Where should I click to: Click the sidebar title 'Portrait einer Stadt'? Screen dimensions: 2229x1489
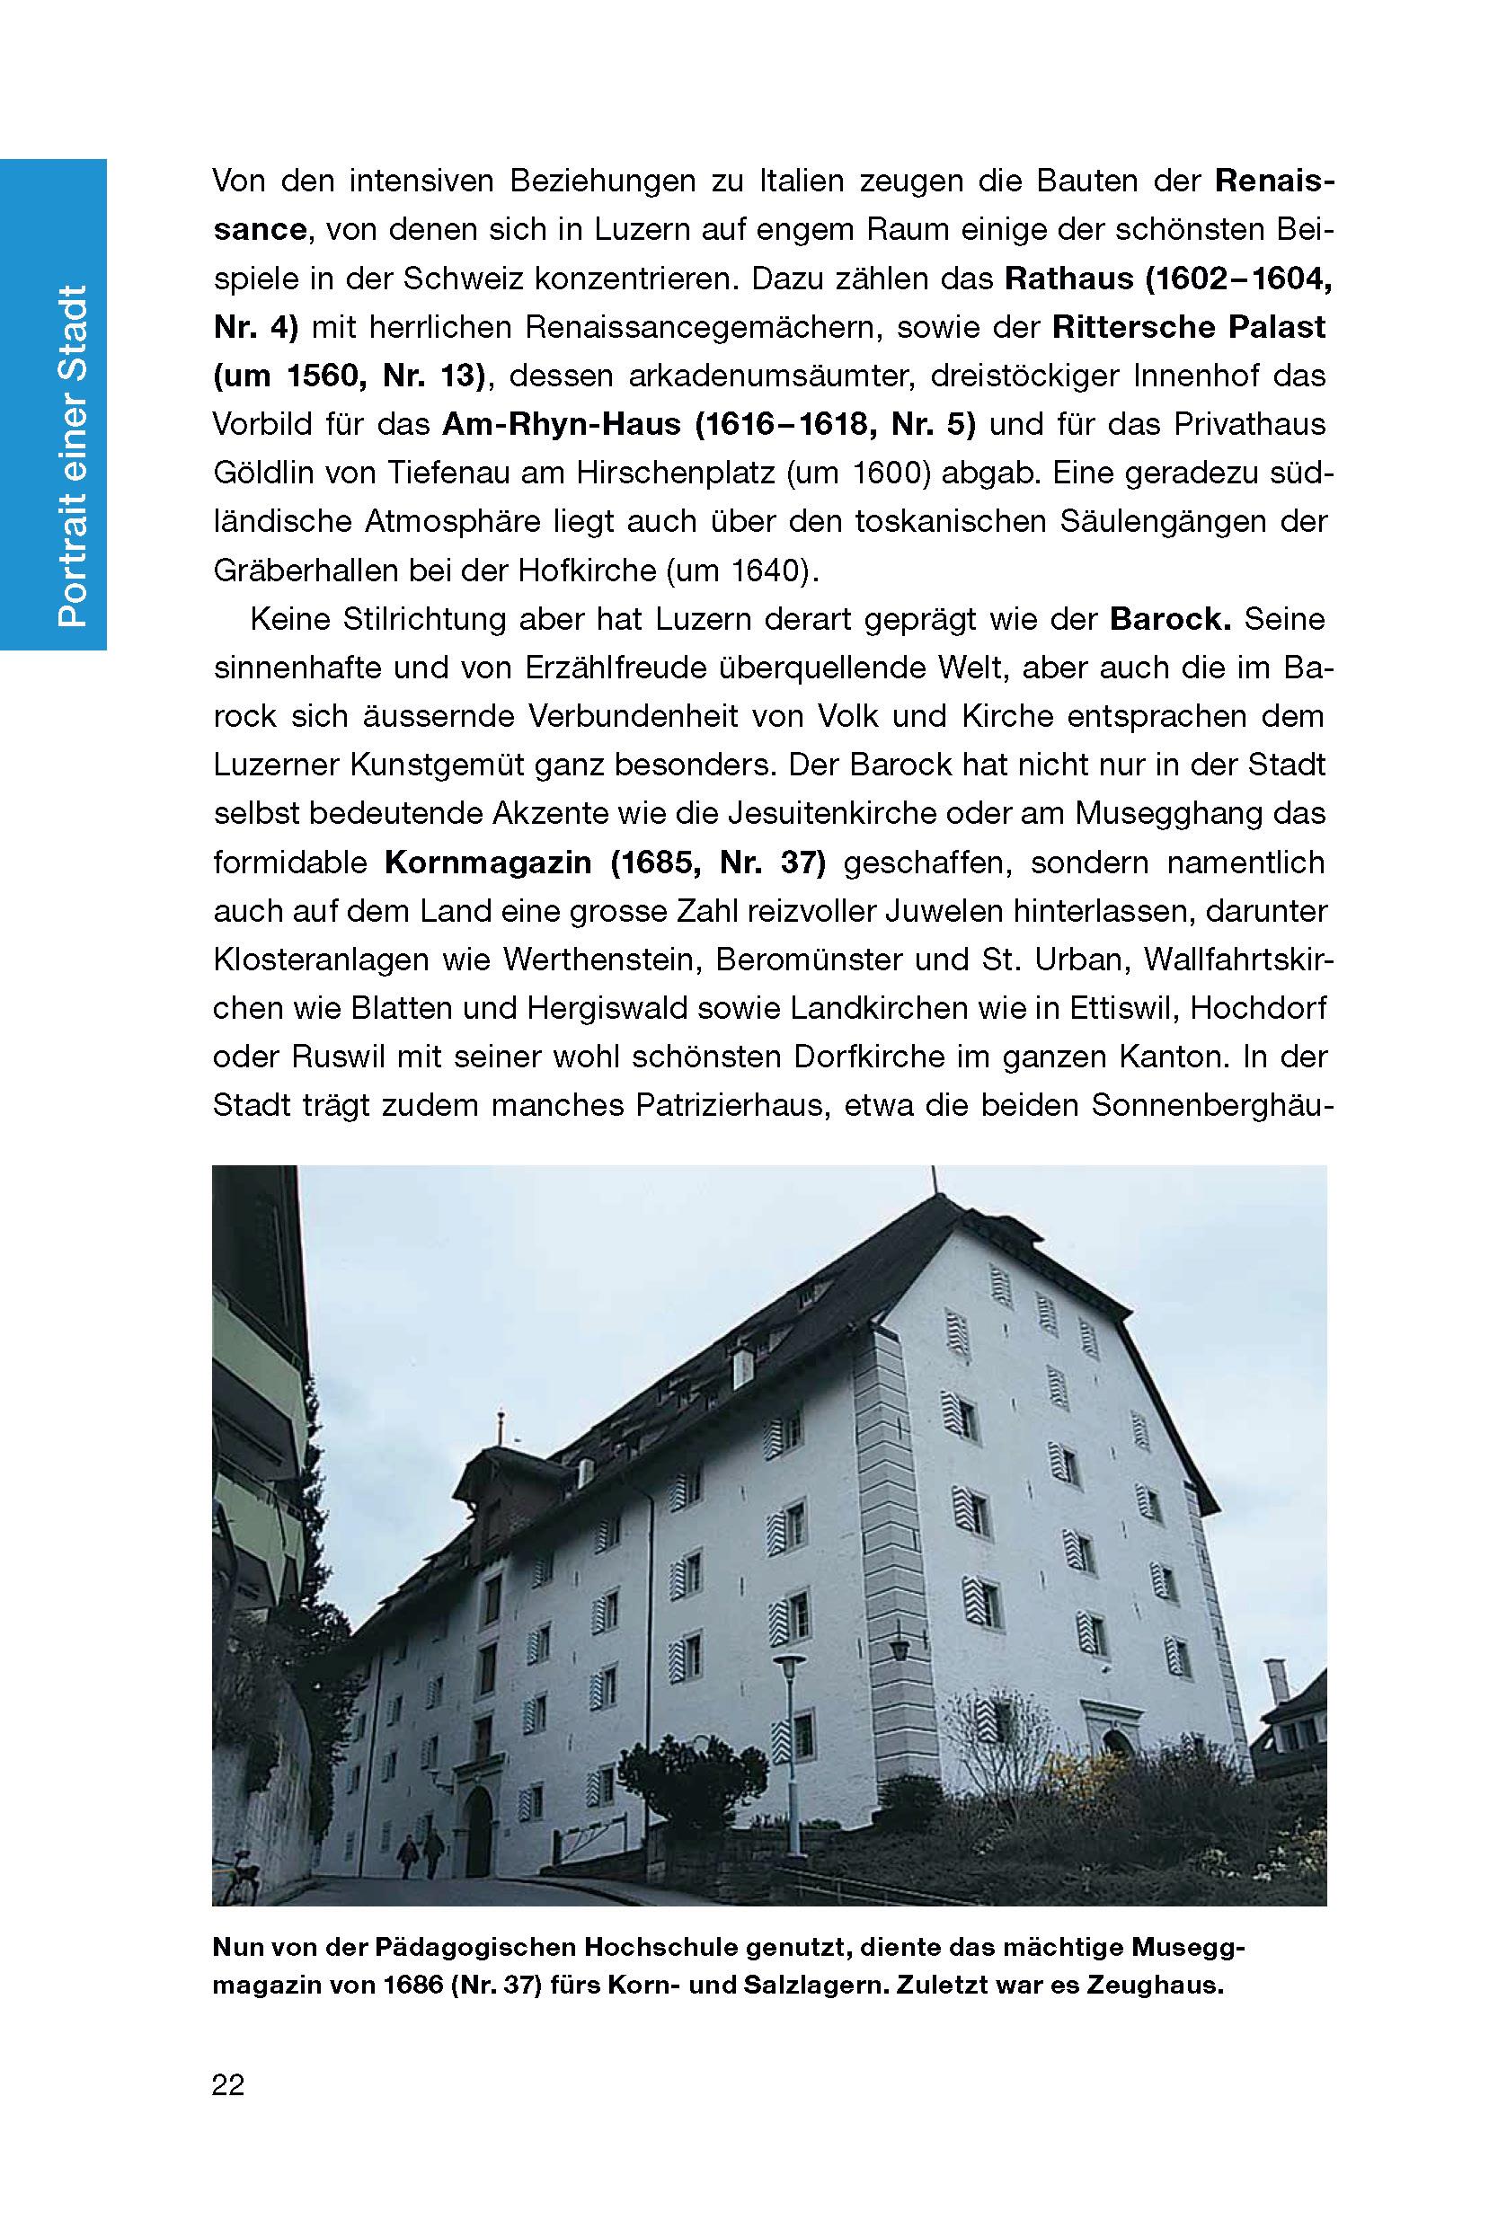coord(72,456)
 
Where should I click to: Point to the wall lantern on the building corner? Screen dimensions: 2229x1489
coord(900,1649)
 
